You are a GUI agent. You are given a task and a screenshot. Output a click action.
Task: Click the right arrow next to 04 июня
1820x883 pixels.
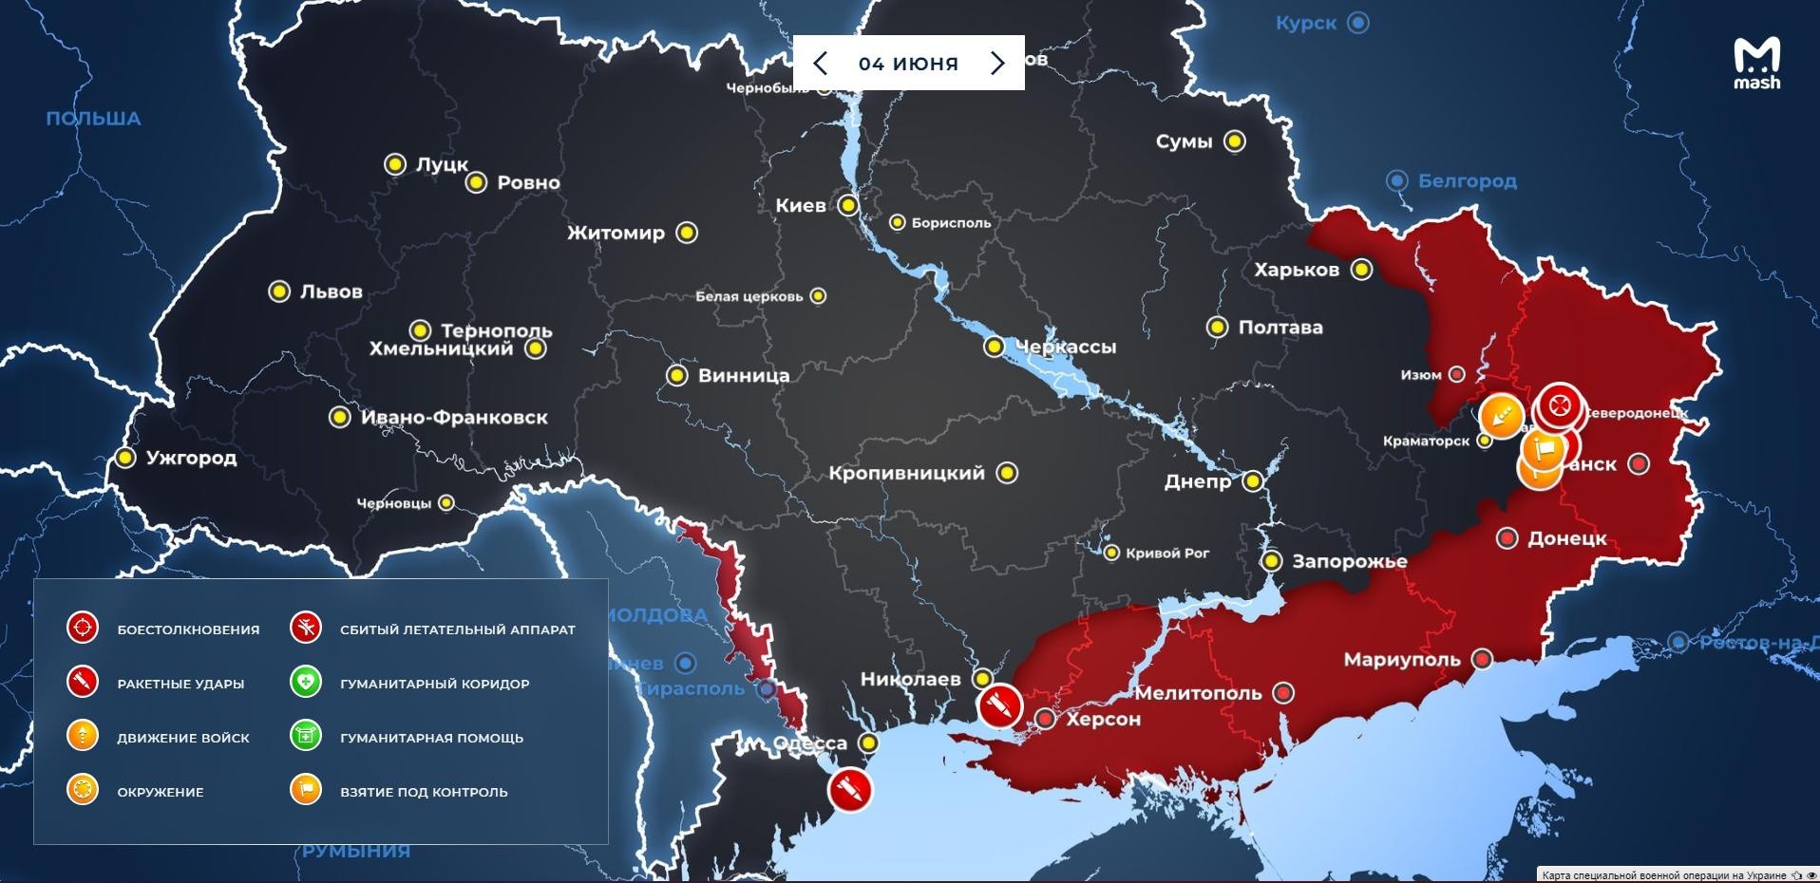tap(996, 64)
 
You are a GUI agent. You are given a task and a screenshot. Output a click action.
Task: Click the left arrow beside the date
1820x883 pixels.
tap(821, 64)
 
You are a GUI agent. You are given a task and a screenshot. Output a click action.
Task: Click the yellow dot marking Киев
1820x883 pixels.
tap(847, 205)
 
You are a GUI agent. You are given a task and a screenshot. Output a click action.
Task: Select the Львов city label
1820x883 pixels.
tap(331, 291)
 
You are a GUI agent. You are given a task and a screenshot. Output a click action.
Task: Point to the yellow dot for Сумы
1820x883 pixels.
tap(1234, 141)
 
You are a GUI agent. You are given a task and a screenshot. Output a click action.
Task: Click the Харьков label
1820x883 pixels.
tap(1296, 270)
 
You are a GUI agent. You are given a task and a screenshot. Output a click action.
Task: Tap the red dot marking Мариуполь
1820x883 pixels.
tap(1482, 659)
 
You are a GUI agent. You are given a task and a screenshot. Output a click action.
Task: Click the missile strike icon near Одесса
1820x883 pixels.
tap(849, 789)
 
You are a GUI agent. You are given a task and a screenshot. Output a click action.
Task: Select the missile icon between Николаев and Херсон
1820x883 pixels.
tap(999, 705)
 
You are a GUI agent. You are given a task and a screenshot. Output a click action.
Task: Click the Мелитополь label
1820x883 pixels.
tap(1198, 693)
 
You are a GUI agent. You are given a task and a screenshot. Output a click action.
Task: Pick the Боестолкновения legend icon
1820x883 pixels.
tap(83, 629)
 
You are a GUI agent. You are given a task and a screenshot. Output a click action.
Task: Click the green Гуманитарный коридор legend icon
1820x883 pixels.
tap(306, 683)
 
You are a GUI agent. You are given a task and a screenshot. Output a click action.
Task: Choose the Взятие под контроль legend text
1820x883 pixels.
tap(424, 792)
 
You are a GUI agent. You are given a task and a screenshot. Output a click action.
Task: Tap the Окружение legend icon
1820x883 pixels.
tap(83, 790)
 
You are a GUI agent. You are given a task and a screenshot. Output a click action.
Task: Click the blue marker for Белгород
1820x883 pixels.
tap(1396, 180)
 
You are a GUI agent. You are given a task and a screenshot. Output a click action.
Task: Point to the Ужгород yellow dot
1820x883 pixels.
tap(125, 458)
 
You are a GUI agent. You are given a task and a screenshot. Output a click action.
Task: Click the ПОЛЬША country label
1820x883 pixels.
tap(93, 119)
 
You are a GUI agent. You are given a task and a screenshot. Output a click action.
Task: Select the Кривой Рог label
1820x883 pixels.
tap(1166, 553)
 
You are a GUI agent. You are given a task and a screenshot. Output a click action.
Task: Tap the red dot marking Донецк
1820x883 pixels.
tap(1507, 538)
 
